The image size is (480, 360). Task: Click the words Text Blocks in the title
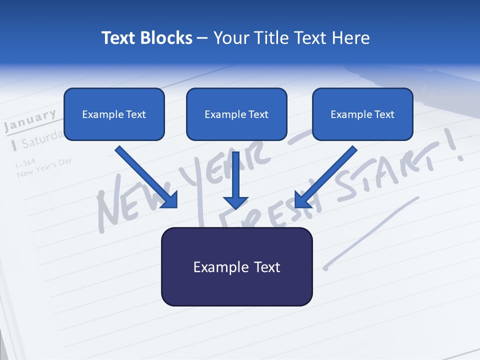(146, 38)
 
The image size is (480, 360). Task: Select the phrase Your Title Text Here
(291, 38)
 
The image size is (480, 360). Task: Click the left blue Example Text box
(114, 114)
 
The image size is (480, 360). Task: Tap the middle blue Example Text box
(236, 114)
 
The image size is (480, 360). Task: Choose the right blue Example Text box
(362, 114)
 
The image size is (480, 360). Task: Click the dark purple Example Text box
(236, 266)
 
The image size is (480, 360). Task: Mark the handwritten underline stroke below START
(372, 232)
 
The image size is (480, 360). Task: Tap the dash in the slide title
(202, 38)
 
